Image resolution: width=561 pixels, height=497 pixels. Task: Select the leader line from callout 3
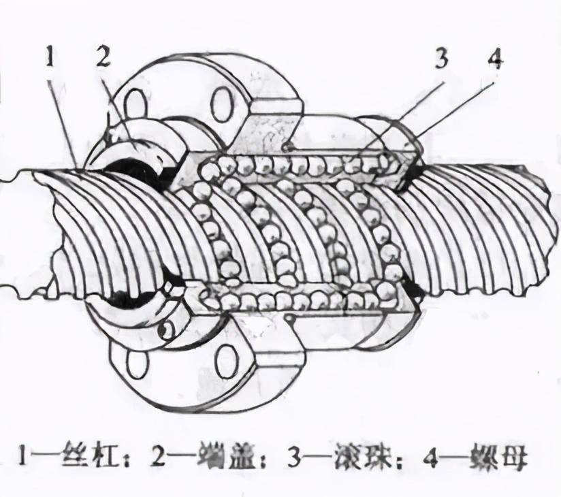[402, 116]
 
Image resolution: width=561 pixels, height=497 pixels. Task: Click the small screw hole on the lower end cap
[163, 330]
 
